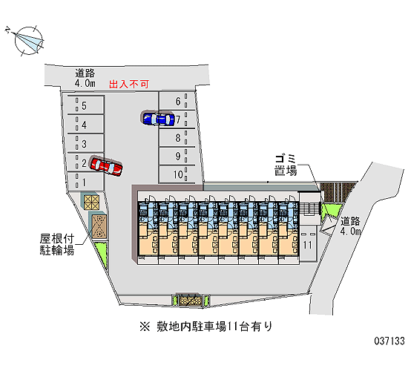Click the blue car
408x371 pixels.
(159, 119)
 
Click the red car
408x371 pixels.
(106, 166)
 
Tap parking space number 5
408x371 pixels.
(86, 105)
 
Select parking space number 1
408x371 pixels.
(86, 182)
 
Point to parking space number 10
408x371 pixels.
(177, 174)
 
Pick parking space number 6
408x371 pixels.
(177, 101)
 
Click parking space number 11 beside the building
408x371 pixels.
(308, 243)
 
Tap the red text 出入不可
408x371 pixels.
(129, 84)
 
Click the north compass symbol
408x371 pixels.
(27, 41)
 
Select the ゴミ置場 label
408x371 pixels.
(286, 165)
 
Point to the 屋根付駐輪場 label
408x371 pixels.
(57, 244)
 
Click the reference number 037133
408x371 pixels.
(389, 341)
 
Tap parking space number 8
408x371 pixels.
(177, 138)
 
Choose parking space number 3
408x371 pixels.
(86, 143)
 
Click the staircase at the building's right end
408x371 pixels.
(309, 208)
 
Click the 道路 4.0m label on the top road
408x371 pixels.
(85, 78)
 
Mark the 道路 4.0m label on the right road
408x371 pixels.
(350, 226)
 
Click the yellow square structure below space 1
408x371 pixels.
(91, 202)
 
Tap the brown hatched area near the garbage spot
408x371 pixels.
(338, 192)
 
